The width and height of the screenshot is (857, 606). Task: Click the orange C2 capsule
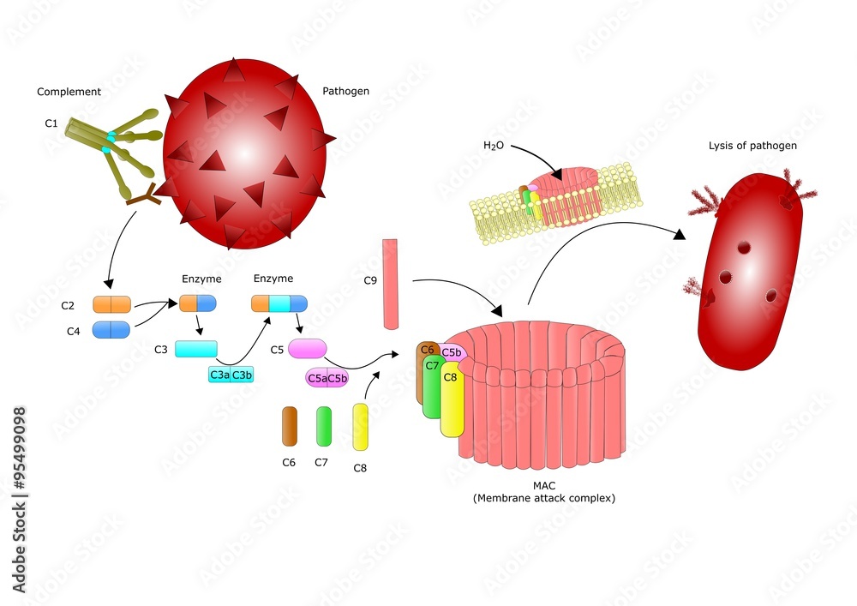click(111, 304)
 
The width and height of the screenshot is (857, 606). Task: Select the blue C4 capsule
click(111, 330)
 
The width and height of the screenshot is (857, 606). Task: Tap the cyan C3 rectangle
click(195, 349)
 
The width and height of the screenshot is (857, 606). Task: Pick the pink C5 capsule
click(307, 349)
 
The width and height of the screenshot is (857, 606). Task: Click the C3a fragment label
click(219, 375)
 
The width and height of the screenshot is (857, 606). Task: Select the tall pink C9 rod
click(390, 285)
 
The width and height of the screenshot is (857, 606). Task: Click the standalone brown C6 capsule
click(290, 426)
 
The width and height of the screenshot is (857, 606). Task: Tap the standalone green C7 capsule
click(324, 426)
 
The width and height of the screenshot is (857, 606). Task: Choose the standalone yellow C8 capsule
click(360, 428)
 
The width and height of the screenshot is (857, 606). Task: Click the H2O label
click(494, 146)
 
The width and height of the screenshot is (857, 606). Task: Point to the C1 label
click(51, 123)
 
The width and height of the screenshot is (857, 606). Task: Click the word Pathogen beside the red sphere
click(345, 91)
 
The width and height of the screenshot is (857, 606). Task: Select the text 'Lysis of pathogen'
click(752, 146)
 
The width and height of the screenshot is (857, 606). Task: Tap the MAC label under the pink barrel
click(544, 486)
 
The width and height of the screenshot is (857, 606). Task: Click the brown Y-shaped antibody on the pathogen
click(144, 195)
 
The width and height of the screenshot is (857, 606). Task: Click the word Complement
click(69, 92)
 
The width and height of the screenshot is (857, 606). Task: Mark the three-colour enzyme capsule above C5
click(279, 303)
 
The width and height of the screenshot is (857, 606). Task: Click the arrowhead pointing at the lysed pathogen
click(680, 234)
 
